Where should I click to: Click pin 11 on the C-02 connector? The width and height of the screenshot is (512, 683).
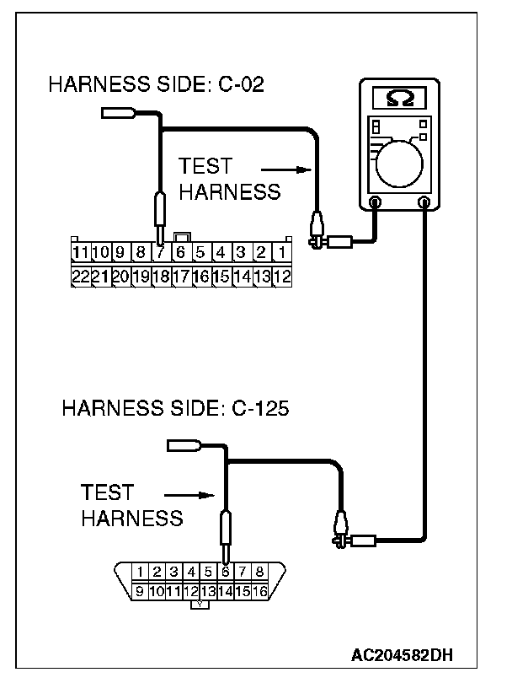[80, 251]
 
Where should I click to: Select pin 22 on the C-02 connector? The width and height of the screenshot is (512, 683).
[80, 276]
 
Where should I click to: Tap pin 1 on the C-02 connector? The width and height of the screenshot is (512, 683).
[282, 251]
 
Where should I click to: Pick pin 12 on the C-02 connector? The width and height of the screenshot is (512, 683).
[282, 276]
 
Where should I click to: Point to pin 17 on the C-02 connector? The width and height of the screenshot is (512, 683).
[181, 276]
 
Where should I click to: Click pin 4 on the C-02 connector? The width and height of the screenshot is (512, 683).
[221, 251]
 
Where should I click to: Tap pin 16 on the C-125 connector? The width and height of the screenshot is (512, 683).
[259, 591]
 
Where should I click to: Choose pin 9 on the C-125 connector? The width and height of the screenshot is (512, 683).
[141, 591]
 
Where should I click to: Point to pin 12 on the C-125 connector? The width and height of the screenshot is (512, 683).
[191, 591]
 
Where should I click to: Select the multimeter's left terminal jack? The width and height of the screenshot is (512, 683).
[375, 202]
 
